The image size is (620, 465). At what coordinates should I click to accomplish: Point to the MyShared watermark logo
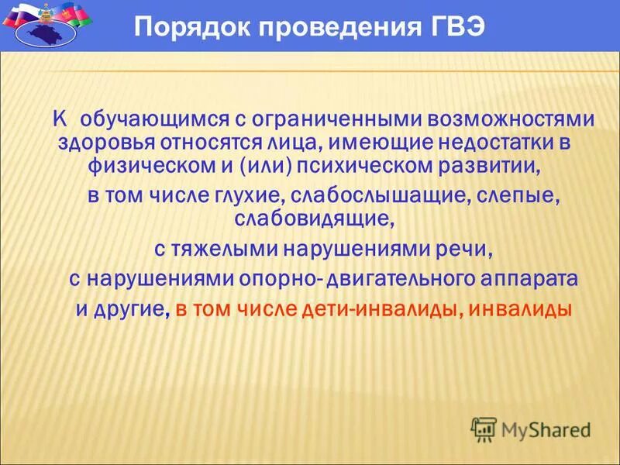click(x=531, y=429)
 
